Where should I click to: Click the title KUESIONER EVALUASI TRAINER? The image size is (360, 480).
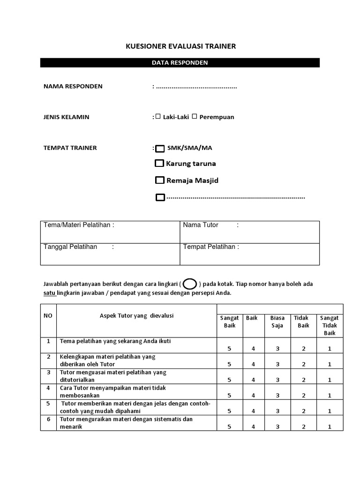tap(180, 46)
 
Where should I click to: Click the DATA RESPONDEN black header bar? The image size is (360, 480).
tap(180, 63)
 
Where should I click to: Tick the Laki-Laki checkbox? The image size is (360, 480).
tap(158, 117)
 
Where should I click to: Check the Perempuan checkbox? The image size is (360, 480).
tap(194, 117)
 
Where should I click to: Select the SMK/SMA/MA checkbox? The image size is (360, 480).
tap(160, 149)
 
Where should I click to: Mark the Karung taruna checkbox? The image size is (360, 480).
tap(159, 164)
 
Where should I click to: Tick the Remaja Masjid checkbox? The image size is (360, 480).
tap(160, 180)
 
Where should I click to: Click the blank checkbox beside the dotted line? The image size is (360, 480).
tap(160, 197)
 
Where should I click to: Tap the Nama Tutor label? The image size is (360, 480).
tap(201, 225)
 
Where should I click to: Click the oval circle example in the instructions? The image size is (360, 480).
tap(190, 284)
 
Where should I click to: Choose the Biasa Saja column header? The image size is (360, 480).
tap(277, 322)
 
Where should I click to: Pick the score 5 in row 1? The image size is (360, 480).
tap(229, 349)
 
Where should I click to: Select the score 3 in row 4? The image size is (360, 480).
tap(277, 395)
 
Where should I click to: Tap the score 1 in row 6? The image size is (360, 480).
tap(330, 426)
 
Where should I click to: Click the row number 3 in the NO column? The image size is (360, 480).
tap(48, 372)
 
